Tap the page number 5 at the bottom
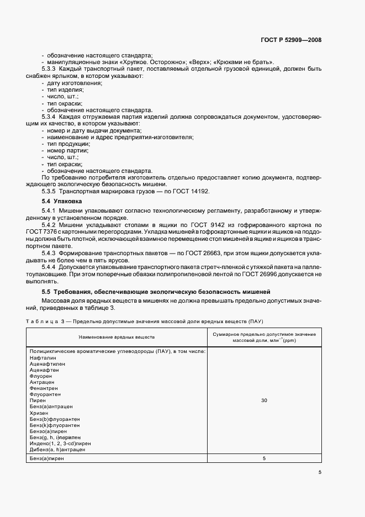point(320,472)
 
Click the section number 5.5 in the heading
point(47,291)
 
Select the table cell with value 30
point(264,400)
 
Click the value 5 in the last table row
point(264,458)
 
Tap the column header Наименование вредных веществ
point(117,336)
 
